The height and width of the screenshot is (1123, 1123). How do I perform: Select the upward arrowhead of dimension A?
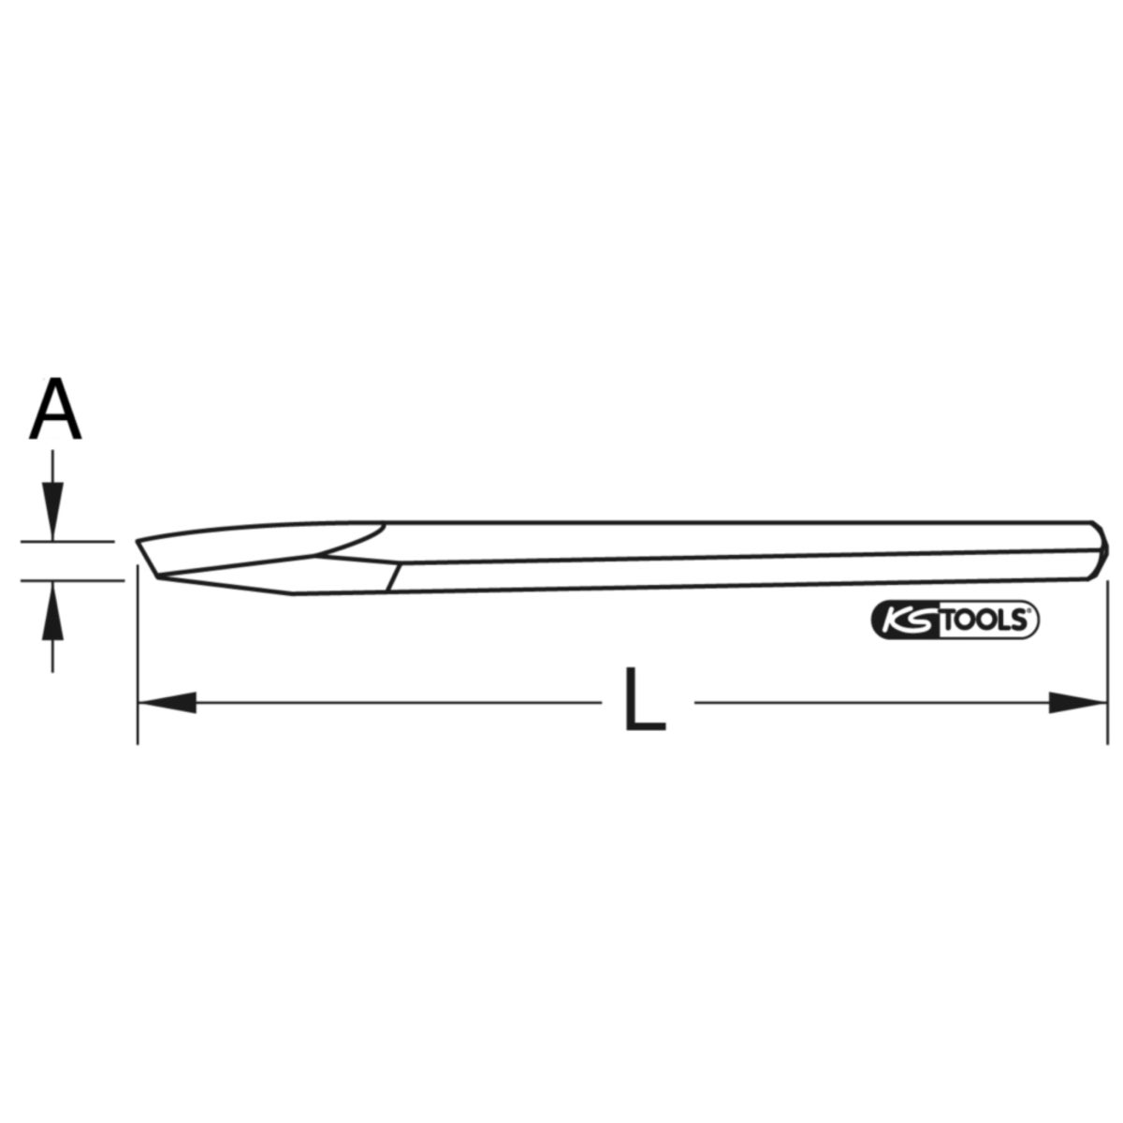53,610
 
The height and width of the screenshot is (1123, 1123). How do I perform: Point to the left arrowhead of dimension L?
167,702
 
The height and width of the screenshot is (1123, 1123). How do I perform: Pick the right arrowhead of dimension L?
1077,702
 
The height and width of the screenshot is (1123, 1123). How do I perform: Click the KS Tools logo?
955,620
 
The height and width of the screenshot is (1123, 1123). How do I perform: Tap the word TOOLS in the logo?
984,621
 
